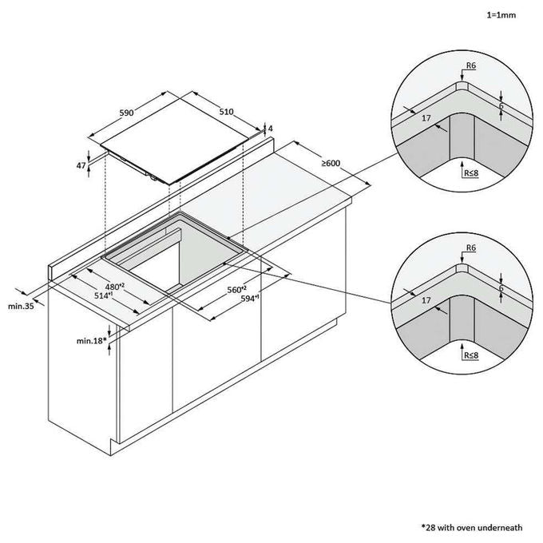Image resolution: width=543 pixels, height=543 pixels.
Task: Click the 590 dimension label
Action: pyautogui.click(x=126, y=113)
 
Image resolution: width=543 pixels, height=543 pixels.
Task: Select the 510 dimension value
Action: pyautogui.click(x=227, y=112)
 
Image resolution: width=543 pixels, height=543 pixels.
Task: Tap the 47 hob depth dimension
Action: pyautogui.click(x=81, y=165)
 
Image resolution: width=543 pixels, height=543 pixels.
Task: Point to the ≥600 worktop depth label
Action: pyautogui.click(x=331, y=163)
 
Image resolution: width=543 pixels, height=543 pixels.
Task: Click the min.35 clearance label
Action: pyautogui.click(x=21, y=306)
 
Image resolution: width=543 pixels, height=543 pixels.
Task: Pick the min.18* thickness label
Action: pyautogui.click(x=91, y=341)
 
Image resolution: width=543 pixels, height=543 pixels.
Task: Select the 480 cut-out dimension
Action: pyautogui.click(x=115, y=287)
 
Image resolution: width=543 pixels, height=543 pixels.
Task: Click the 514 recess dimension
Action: pyautogui.click(x=104, y=295)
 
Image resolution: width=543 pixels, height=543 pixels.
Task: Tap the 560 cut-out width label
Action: pyautogui.click(x=236, y=290)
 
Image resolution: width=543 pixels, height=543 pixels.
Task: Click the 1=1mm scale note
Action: pyautogui.click(x=501, y=15)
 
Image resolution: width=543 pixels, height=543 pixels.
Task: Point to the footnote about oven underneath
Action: pyautogui.click(x=472, y=528)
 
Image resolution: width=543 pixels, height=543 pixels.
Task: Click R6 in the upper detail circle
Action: pyautogui.click(x=471, y=65)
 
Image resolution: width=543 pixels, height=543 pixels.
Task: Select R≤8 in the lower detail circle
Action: pyautogui.click(x=471, y=355)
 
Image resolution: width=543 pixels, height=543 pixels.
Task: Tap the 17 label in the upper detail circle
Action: pyautogui.click(x=426, y=118)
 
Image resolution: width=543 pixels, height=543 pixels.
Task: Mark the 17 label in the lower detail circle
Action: pyautogui.click(x=426, y=300)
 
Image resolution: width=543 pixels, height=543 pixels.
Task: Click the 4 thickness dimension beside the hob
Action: pyautogui.click(x=271, y=129)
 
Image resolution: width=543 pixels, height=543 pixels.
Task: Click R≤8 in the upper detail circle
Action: pyautogui.click(x=471, y=172)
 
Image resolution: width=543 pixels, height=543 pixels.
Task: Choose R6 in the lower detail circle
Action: pyautogui.click(x=471, y=248)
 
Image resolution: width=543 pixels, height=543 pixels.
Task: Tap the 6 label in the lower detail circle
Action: pyautogui.click(x=501, y=288)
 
